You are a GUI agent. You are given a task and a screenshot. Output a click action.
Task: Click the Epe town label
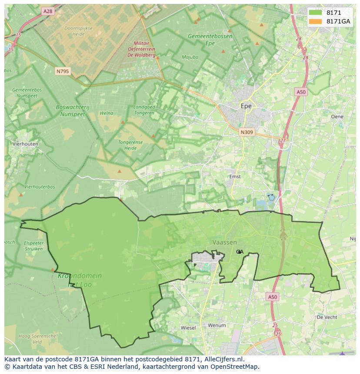coord(246,106)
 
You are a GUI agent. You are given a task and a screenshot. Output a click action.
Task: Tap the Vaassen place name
coord(225,242)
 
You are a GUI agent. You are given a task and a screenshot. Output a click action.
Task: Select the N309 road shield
coord(247,132)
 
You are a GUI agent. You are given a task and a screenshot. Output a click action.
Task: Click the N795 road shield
coord(63,71)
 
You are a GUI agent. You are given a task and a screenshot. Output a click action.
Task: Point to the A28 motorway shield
coord(48,11)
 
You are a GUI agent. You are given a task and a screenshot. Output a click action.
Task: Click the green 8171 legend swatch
coord(316,13)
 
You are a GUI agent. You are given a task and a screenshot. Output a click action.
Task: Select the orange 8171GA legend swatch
coord(316,21)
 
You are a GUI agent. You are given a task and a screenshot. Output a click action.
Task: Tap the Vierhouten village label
coord(25,144)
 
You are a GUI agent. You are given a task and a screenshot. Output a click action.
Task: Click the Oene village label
coord(337,116)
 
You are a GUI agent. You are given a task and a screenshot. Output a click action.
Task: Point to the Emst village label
coord(235,177)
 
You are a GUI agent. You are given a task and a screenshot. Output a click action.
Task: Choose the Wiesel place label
coord(188,328)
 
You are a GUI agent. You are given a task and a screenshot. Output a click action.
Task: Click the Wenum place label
coord(217,325)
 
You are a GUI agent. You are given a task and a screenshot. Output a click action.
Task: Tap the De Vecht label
coord(327,318)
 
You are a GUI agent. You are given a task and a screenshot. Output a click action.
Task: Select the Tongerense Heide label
coord(130,145)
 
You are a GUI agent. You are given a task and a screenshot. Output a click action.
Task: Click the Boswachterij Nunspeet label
coord(70,110)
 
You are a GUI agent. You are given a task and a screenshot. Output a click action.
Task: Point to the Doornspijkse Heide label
coord(74,31)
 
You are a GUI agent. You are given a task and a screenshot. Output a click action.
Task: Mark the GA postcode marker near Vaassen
coord(240,252)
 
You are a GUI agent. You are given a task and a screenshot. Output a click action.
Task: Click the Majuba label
coord(190,57)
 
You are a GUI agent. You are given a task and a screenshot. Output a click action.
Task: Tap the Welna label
coord(106,113)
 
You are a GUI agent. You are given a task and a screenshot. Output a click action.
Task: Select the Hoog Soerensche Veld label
coord(37,339)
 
